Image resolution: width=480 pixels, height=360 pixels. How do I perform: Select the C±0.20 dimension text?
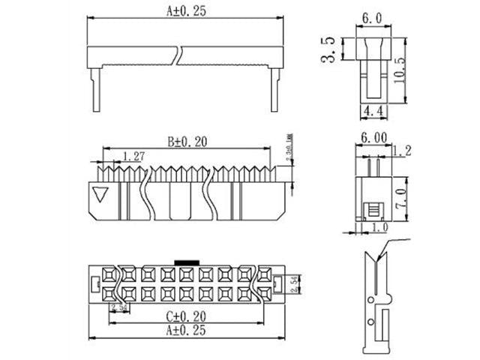coord(184,317)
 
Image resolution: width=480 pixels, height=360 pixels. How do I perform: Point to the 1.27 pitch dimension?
coord(132,156)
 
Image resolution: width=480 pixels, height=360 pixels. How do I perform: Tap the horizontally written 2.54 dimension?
coord(118,307)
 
